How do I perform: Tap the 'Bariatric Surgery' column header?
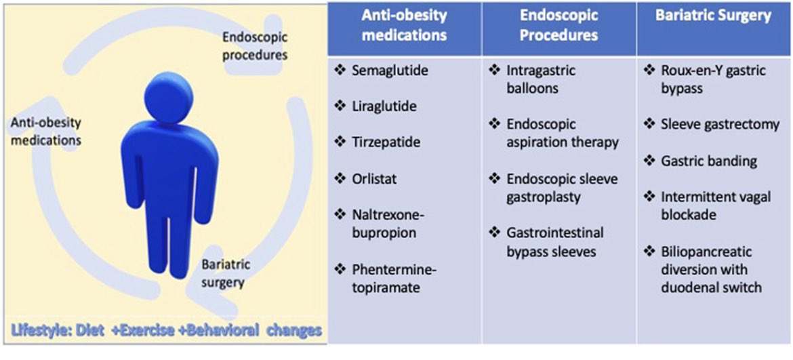click(x=713, y=16)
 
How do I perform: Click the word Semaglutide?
click(x=386, y=71)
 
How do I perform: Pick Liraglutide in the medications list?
click(x=384, y=106)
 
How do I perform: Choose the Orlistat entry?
click(x=374, y=179)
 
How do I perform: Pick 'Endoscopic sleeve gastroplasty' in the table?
click(x=553, y=188)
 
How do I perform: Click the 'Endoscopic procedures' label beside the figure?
click(x=254, y=47)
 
